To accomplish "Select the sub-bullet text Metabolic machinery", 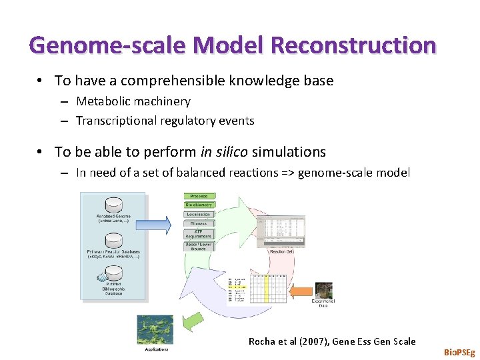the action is [133, 101].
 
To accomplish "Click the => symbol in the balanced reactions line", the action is [287, 173].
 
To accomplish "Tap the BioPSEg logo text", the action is [459, 351].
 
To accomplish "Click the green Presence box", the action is [199, 196].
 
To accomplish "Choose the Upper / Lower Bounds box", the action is [199, 247].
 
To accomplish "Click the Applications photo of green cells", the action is [155, 329].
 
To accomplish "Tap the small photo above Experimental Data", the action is [324, 289].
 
